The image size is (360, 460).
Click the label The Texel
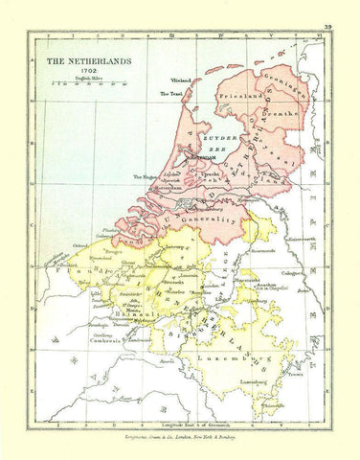click(x=170, y=94)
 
